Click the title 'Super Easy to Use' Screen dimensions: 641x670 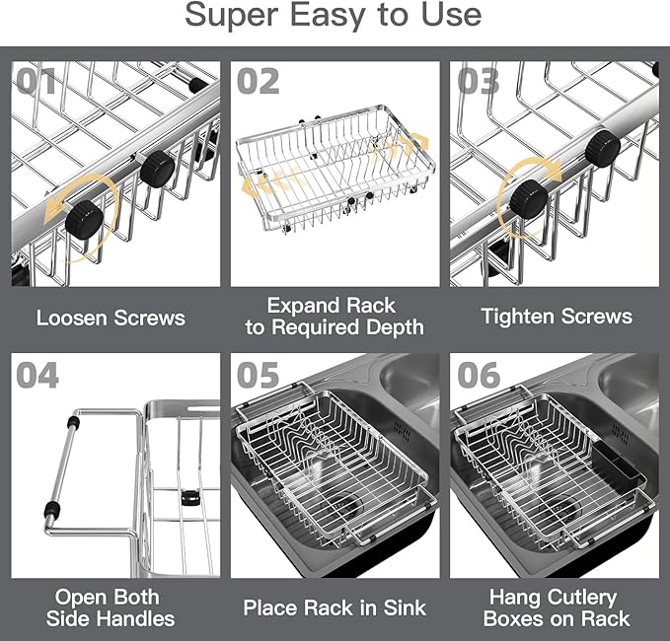pos(335,15)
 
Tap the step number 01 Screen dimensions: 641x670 pos(36,80)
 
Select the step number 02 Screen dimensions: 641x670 pos(259,80)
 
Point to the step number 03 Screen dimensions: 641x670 pos(479,80)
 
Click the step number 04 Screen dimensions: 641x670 pos(37,375)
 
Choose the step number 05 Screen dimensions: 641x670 pos(259,375)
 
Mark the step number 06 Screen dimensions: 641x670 pos(479,375)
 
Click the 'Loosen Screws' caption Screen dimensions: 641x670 pos(111,318)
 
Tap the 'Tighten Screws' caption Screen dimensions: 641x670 pos(557,317)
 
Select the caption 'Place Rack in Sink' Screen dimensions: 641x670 pos(335,607)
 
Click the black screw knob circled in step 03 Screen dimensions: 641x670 pos(529,200)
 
